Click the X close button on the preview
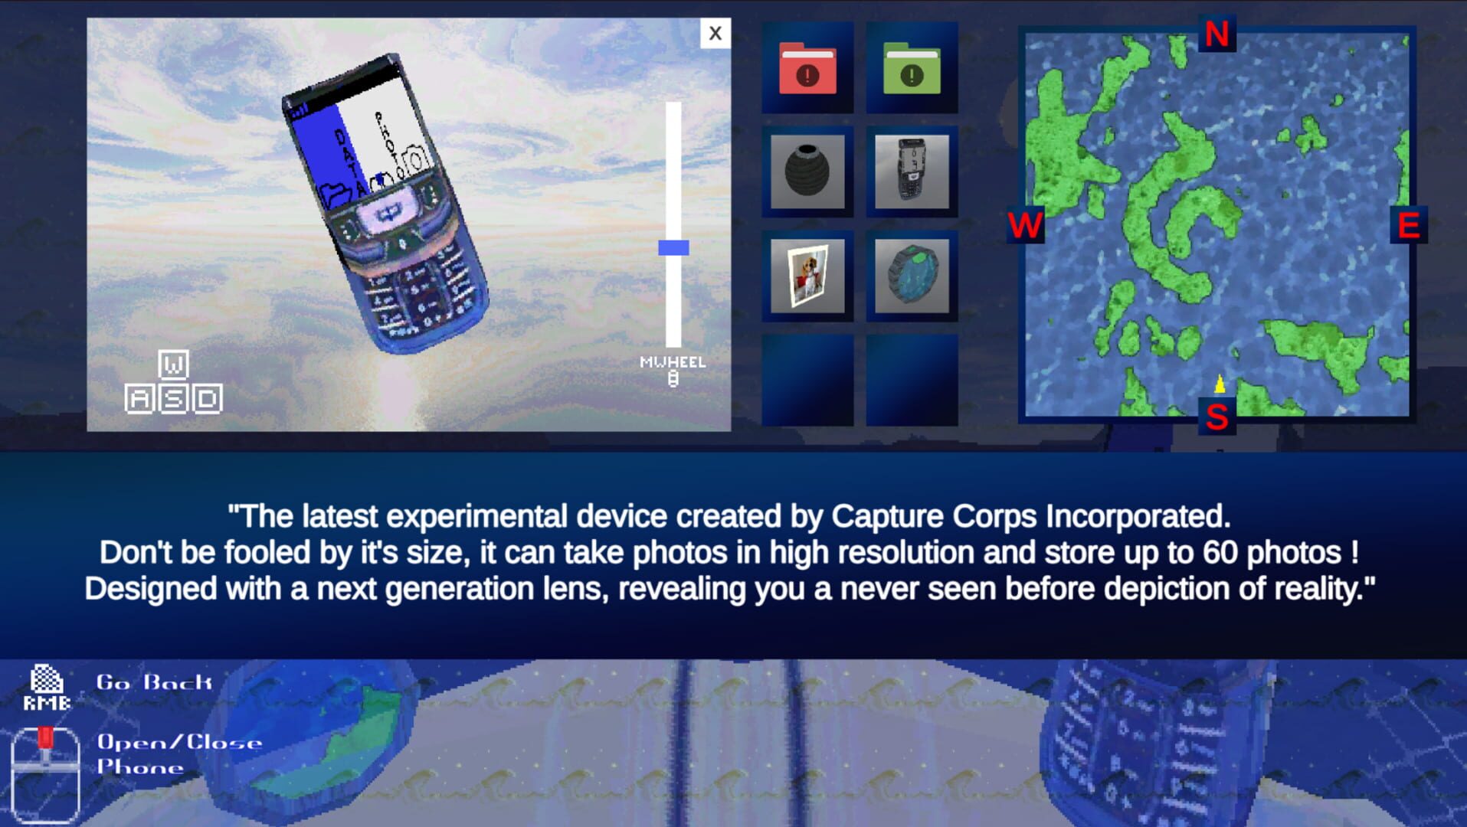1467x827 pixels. [x=715, y=33]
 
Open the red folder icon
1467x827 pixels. [x=807, y=69]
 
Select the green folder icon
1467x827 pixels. [x=912, y=69]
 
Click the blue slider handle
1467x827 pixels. [x=673, y=247]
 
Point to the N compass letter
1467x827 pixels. [x=1216, y=34]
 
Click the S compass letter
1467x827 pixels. [x=1216, y=417]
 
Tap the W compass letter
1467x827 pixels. [x=1025, y=226]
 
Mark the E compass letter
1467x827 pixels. [x=1409, y=226]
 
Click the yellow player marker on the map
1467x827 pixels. [x=1220, y=384]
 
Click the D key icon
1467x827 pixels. [x=207, y=399]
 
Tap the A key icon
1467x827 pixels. [x=139, y=399]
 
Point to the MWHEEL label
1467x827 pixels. [x=673, y=362]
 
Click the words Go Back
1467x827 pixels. [x=154, y=682]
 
